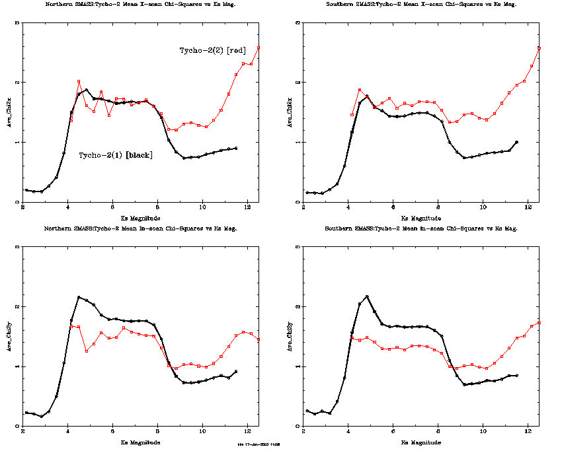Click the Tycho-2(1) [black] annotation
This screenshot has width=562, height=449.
coord(116,155)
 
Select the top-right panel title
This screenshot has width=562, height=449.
coord(421,4)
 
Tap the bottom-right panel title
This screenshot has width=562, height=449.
coord(421,228)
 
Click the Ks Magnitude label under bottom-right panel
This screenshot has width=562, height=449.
coord(421,442)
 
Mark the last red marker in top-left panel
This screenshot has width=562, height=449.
coord(259,48)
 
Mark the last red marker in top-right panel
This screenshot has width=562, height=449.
coord(540,48)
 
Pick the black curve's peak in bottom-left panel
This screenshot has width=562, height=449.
coord(79,297)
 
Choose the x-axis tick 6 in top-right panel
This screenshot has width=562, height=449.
coord(393,207)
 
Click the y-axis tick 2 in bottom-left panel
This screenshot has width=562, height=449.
coord(17,306)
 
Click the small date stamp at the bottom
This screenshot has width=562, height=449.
coord(259,444)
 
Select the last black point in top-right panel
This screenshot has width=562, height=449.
coord(516,142)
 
